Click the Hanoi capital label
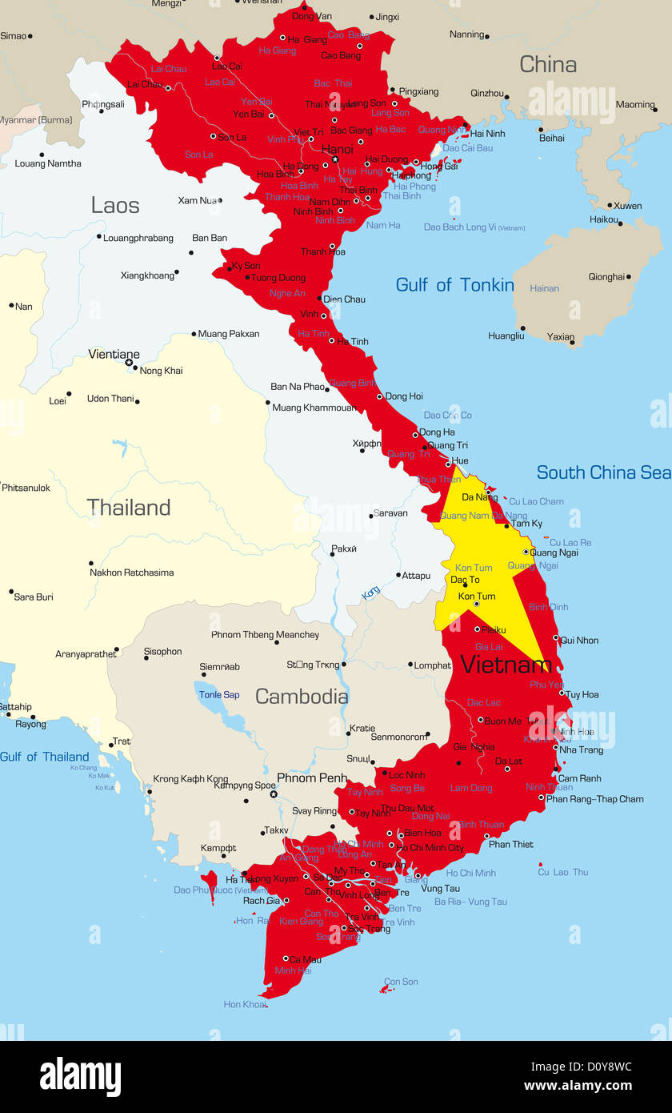coord(337,149)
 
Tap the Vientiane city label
coord(114,354)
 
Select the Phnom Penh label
coord(312,777)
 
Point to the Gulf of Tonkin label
coord(454,285)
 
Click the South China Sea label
coord(603,472)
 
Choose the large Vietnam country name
coord(506,665)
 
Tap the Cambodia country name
coord(302,697)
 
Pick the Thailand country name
coord(128,508)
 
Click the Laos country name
coord(115,205)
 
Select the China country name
coord(548,65)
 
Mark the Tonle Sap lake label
coord(219,695)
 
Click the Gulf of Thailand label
coord(45,757)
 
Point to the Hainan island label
coord(544,288)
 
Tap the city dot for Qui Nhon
coord(556,637)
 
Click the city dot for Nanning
coord(486,36)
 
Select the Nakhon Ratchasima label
coord(131,573)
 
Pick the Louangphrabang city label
coord(138,238)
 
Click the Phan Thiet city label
coord(510,844)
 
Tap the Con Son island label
coord(401,982)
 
